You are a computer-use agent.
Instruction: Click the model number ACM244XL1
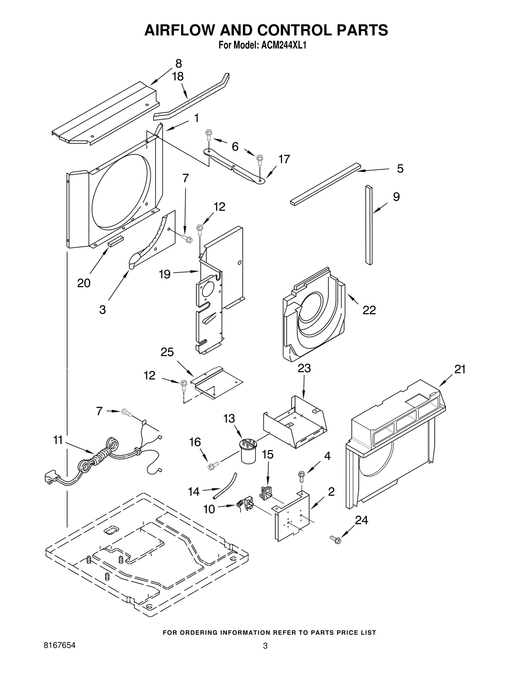(x=284, y=45)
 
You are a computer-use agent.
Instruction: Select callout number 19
(x=165, y=274)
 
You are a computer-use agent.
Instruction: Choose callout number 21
(x=460, y=369)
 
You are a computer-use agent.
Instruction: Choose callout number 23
(x=304, y=368)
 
